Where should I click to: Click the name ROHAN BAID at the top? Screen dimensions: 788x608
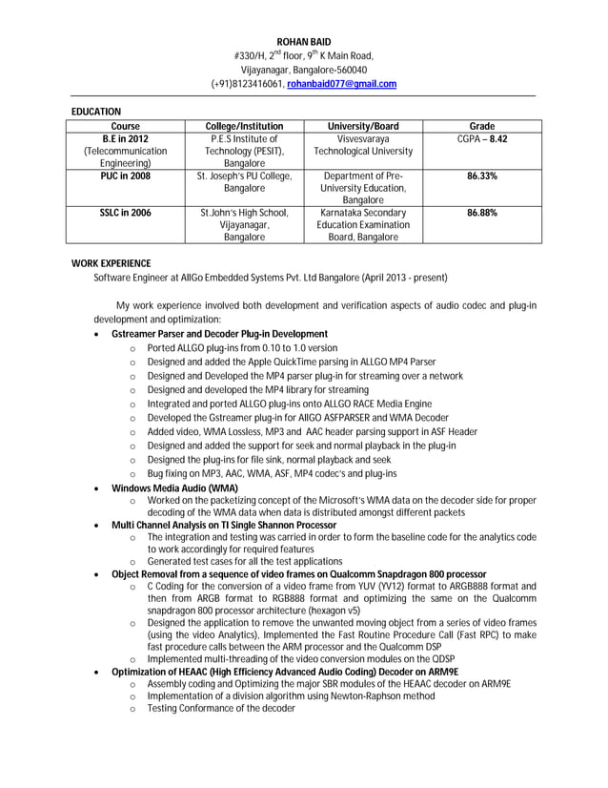coord(303,43)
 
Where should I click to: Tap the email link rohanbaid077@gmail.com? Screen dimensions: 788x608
coord(341,84)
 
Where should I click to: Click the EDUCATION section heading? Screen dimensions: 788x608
coord(96,113)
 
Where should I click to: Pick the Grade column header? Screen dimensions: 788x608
coord(482,126)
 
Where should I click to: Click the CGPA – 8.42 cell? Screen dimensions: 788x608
coord(482,139)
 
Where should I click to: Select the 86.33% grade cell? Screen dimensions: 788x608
coord(482,176)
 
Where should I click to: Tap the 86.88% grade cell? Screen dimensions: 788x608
coord(482,213)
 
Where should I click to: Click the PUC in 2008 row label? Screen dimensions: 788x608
coord(126,176)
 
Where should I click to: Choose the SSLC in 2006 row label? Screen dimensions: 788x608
coord(126,213)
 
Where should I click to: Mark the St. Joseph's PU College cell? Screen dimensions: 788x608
coord(244,182)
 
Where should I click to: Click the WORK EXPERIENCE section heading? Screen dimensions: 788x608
coord(111,263)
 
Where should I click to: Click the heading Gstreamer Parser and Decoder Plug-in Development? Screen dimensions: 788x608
coord(219,334)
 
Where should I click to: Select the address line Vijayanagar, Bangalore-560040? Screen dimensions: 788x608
coord(303,70)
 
